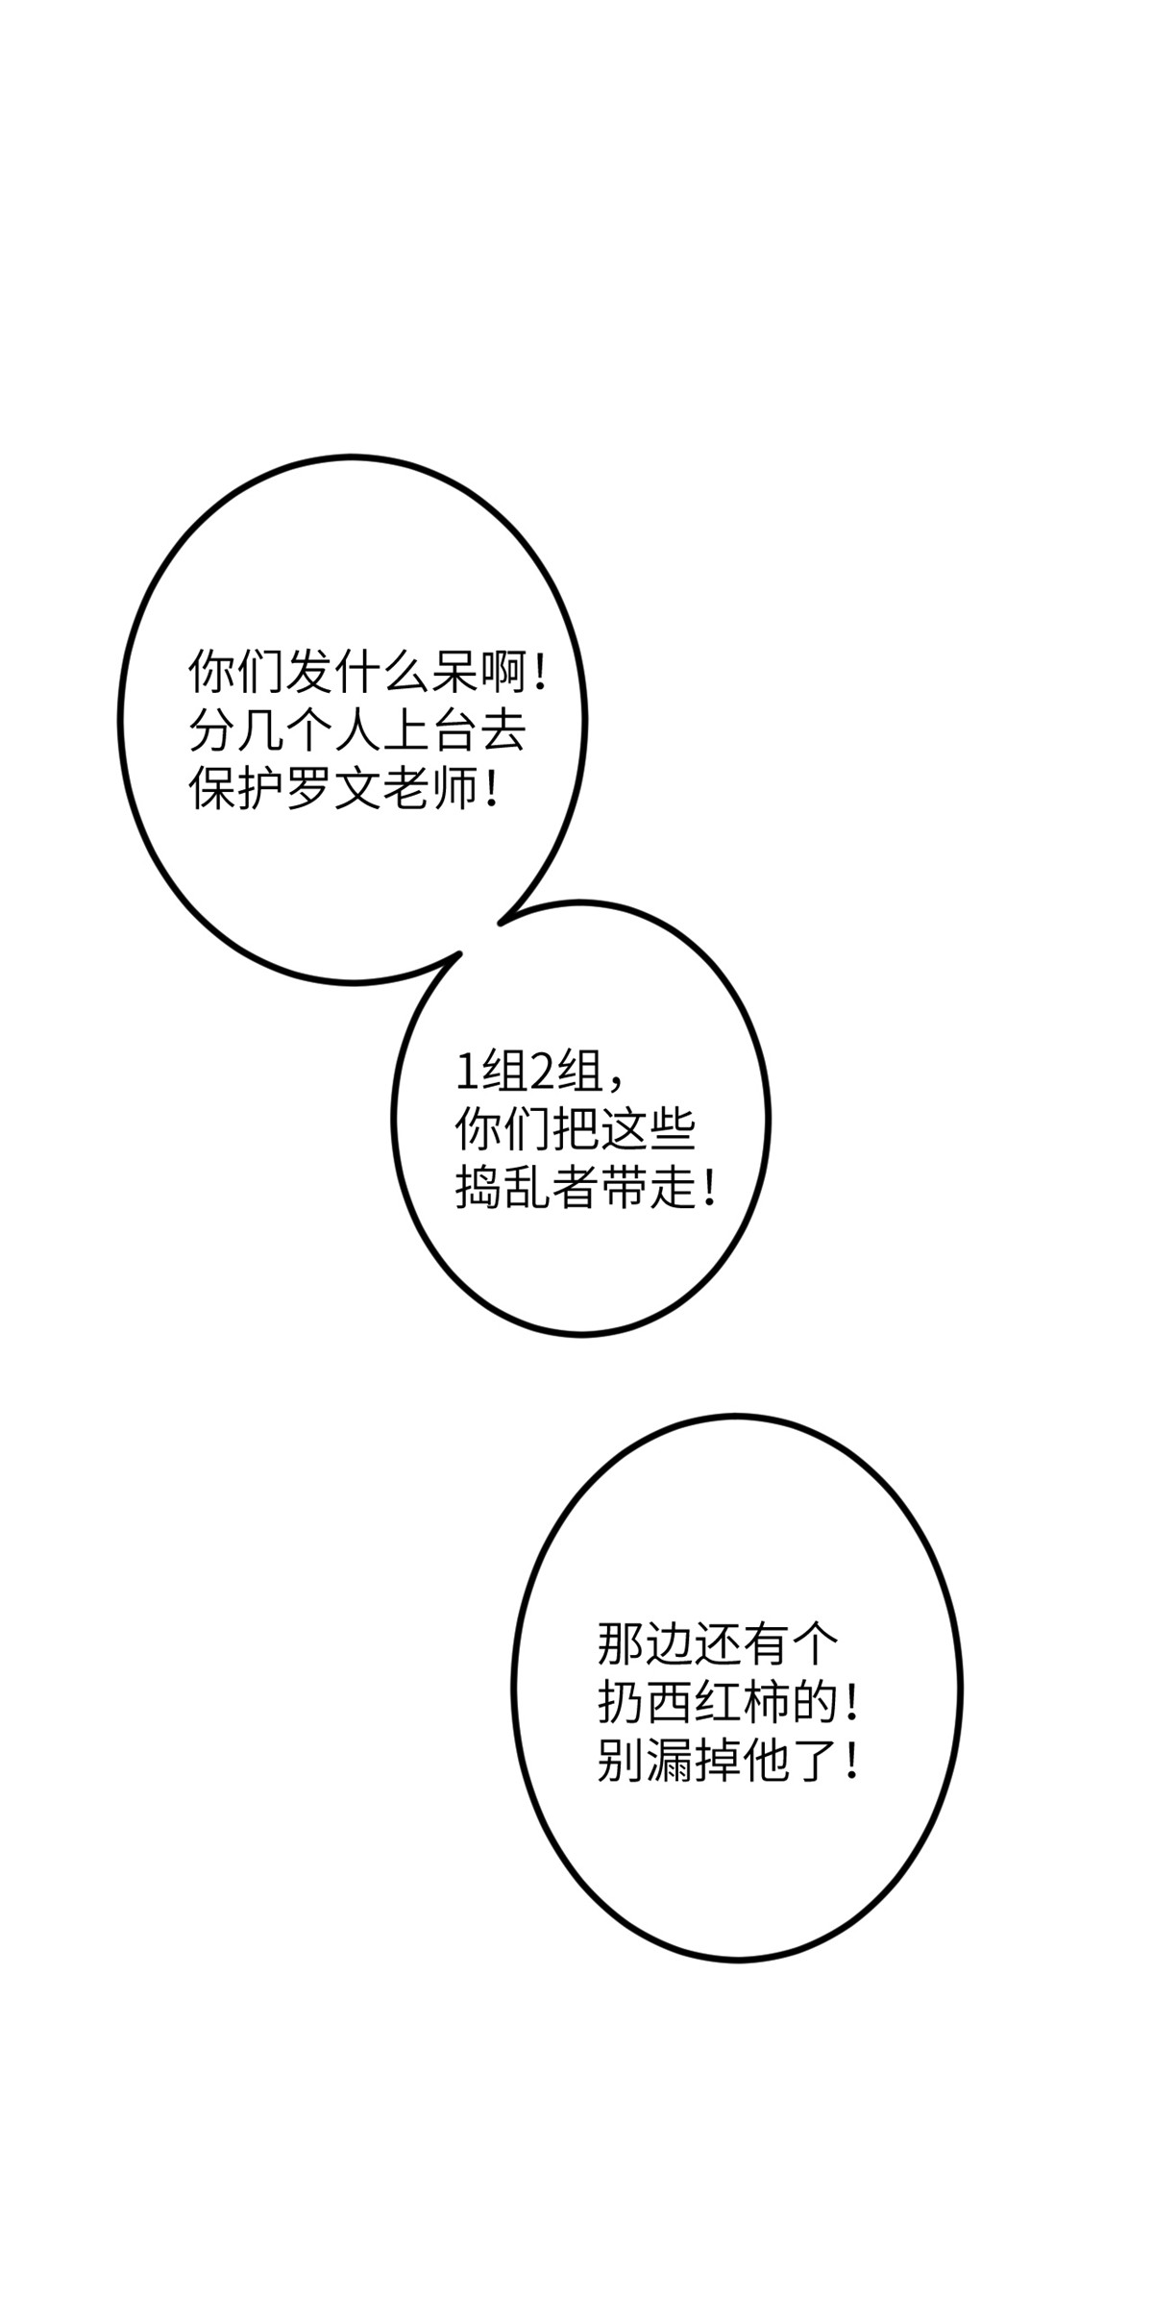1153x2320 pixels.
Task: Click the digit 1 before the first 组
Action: click(466, 1073)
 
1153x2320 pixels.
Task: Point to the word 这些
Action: click(647, 1131)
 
